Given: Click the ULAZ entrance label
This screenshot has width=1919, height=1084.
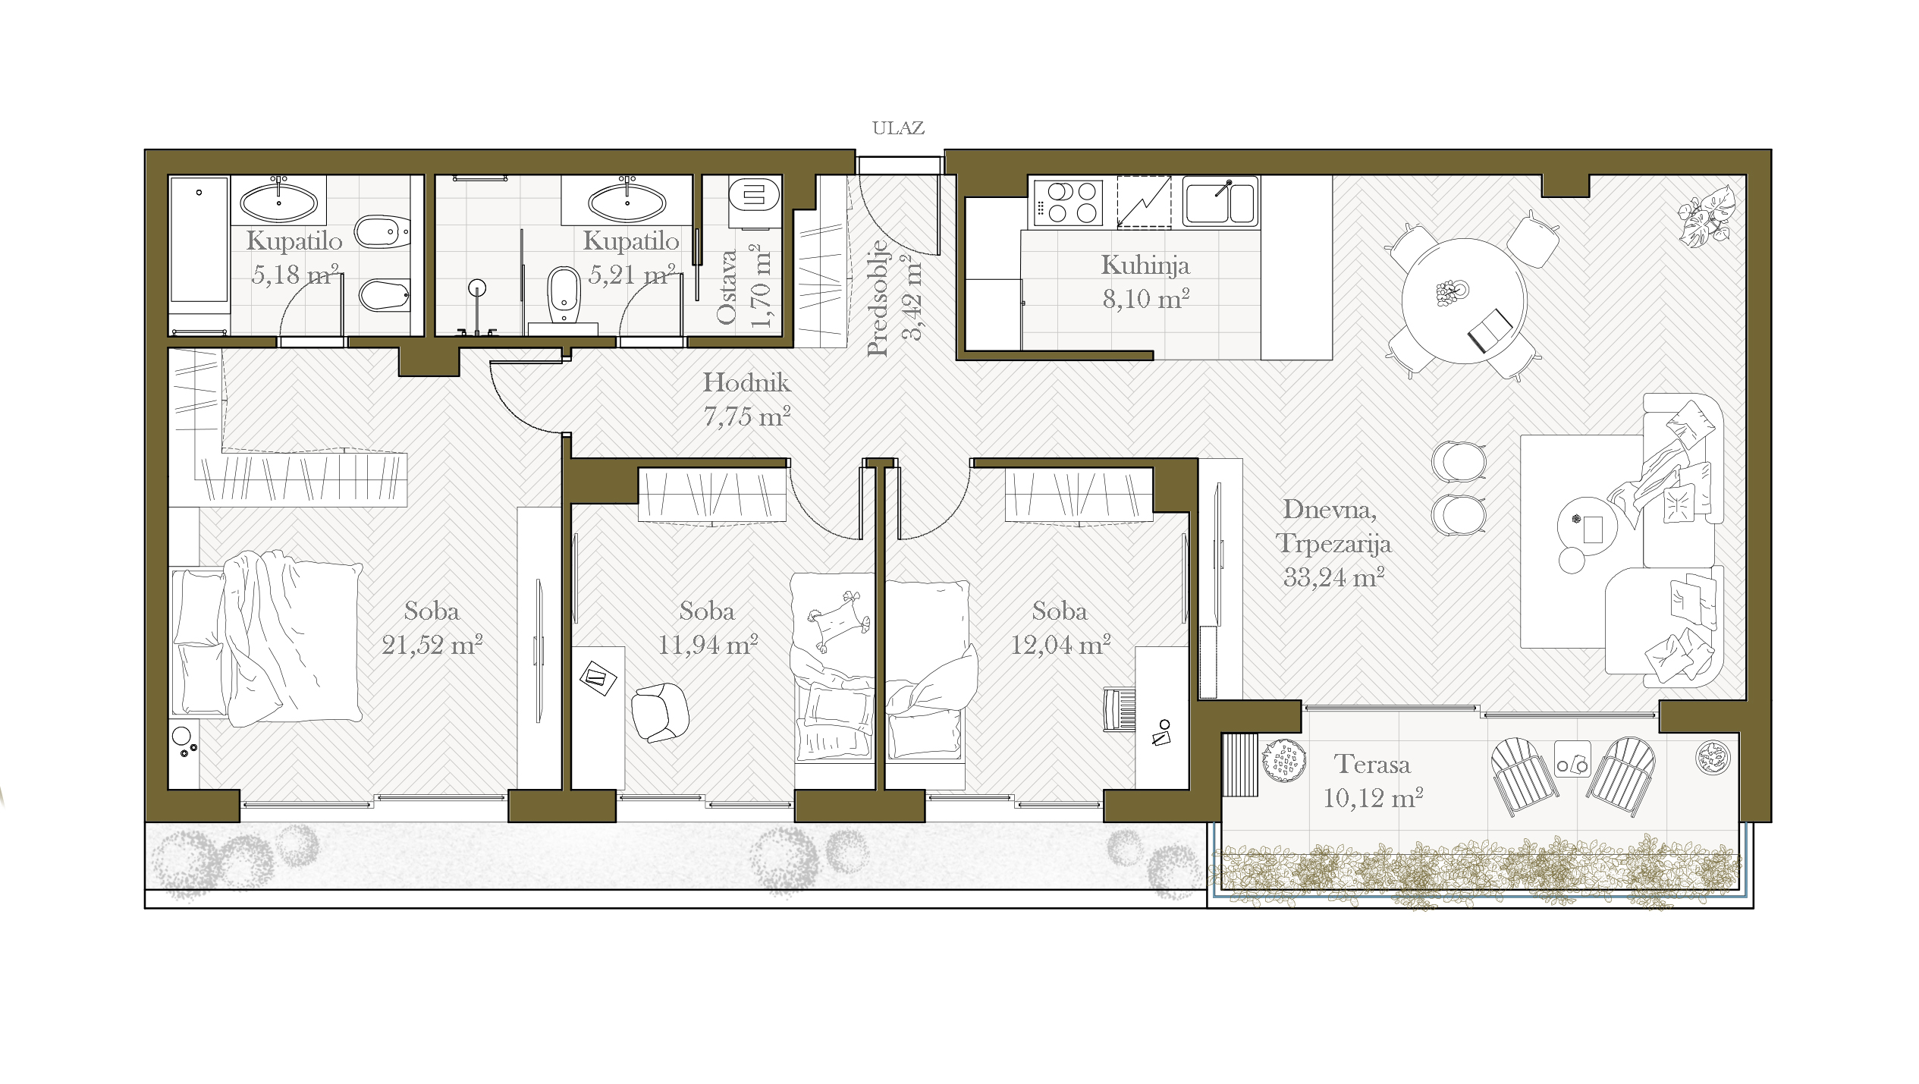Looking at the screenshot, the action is [x=898, y=128].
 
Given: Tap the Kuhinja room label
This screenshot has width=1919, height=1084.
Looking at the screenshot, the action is [x=1145, y=266].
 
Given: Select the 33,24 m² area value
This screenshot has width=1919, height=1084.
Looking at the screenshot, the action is [x=1333, y=577].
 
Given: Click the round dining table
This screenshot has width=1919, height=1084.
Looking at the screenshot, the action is [x=1463, y=300].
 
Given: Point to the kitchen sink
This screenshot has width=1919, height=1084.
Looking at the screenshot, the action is [x=1220, y=202].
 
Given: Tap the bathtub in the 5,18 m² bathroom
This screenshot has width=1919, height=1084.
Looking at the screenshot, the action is [x=199, y=240].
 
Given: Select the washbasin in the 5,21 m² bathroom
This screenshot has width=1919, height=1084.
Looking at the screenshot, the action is [x=627, y=202].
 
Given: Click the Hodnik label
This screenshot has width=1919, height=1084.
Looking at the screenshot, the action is [x=746, y=382].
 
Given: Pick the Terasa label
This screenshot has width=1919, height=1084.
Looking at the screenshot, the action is [x=1372, y=764].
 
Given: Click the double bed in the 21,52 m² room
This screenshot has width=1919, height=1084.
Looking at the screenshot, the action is [x=266, y=639].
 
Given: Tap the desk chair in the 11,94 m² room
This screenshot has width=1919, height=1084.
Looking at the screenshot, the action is [x=660, y=711].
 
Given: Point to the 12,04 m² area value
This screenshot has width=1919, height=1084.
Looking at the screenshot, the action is [x=1060, y=645].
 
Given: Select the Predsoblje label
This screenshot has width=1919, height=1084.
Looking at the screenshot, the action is [x=878, y=298].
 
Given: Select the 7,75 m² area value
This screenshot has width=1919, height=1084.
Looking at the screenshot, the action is [x=747, y=416].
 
